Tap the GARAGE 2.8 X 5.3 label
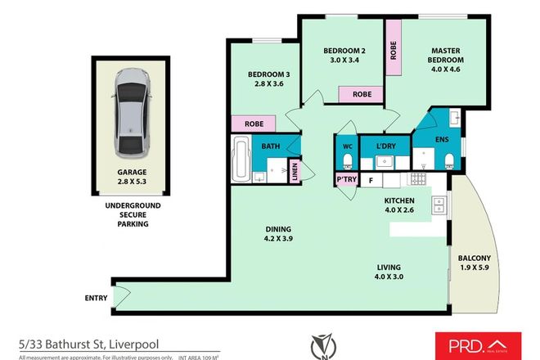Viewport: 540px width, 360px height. [132, 178]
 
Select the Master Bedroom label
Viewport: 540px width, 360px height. [447, 55]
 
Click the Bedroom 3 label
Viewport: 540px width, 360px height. [269, 79]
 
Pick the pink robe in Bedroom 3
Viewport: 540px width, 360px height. [254, 124]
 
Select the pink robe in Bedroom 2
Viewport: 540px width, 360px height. [361, 95]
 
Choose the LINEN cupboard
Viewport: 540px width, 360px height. [295, 171]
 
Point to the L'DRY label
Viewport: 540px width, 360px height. [385, 147]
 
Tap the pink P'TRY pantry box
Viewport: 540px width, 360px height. [343, 179]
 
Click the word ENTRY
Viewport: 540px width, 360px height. [96, 298]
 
